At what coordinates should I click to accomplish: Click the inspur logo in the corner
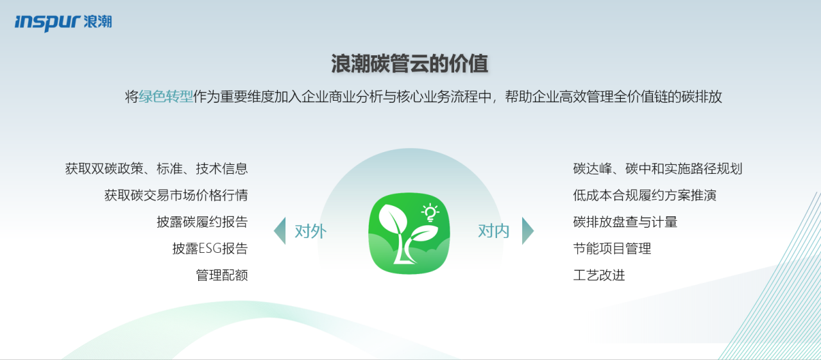63,22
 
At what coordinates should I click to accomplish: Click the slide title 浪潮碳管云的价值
410,64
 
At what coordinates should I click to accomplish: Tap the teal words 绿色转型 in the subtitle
165,97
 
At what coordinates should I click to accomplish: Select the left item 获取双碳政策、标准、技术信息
157,169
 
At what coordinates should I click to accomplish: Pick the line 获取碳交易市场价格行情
176,195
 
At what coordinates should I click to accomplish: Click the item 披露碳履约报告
202,222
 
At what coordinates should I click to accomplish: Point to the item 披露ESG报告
210,248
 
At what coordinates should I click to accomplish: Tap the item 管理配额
222,275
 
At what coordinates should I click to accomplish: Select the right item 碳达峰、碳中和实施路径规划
657,169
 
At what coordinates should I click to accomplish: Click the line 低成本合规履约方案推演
645,195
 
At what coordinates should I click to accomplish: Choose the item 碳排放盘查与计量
625,222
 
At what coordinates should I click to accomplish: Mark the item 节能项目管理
612,248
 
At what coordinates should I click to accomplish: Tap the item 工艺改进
599,275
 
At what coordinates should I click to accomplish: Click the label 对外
310,231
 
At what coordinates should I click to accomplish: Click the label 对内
494,231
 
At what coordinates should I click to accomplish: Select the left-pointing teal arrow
281,231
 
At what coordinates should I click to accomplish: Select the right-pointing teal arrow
527,231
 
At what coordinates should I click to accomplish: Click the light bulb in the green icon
430,212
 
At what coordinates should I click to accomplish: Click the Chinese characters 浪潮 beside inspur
97,22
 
